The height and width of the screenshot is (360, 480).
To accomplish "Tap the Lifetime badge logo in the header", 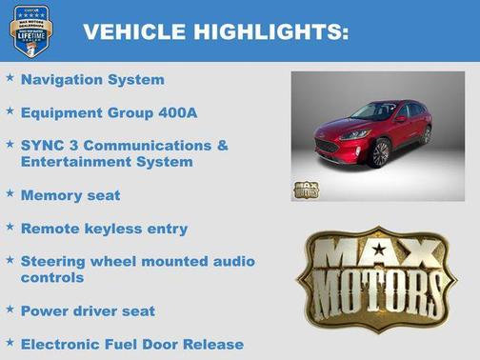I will point(30,30).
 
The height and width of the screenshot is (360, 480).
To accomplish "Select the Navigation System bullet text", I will point(92,80).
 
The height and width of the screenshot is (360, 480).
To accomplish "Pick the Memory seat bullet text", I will point(70,195).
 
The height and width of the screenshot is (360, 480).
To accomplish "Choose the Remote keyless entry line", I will point(104,229).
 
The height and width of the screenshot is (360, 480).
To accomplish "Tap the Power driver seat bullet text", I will point(88,310).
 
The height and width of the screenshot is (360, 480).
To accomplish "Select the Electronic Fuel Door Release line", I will point(132,344).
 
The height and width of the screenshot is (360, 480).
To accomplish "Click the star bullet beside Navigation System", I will point(10,78).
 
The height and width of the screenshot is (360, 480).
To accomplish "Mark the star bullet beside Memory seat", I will point(10,193).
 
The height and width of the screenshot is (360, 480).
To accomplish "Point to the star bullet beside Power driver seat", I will point(10,309).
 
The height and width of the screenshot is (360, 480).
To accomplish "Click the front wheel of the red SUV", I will point(379,153).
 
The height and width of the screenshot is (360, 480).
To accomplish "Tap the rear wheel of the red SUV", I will point(426,134).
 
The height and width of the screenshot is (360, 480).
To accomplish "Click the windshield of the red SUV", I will point(380,112).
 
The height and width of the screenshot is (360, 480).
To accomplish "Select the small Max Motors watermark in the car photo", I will point(306,188).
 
